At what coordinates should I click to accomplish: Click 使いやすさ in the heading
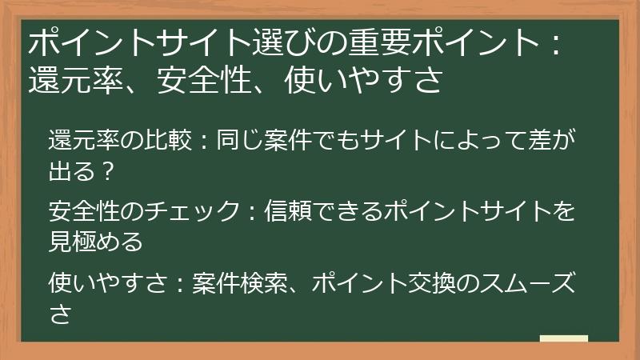tap(363, 81)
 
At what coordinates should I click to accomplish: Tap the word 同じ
tap(235, 142)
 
